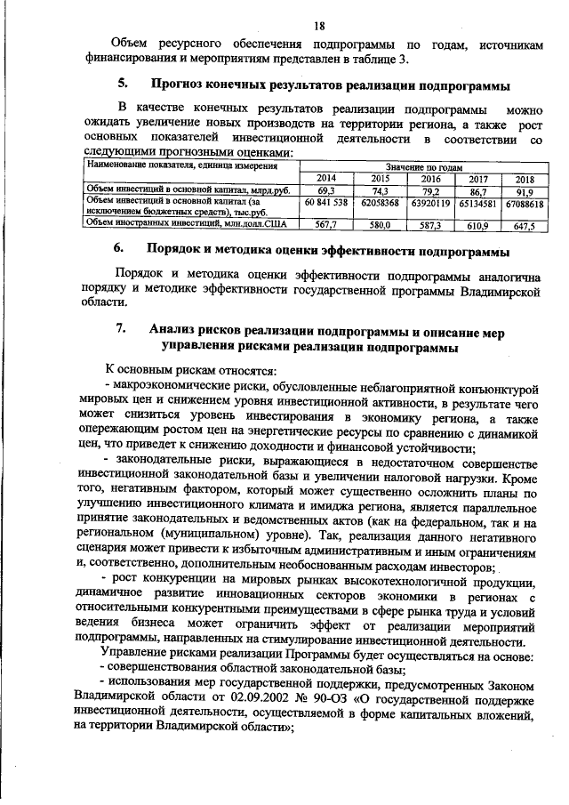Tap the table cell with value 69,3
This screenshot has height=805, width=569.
pyautogui.click(x=325, y=190)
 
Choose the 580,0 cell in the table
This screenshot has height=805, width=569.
pyautogui.click(x=381, y=225)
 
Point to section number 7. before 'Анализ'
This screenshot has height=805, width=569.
pyautogui.click(x=121, y=331)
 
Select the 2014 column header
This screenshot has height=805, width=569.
pyautogui.click(x=325, y=179)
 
